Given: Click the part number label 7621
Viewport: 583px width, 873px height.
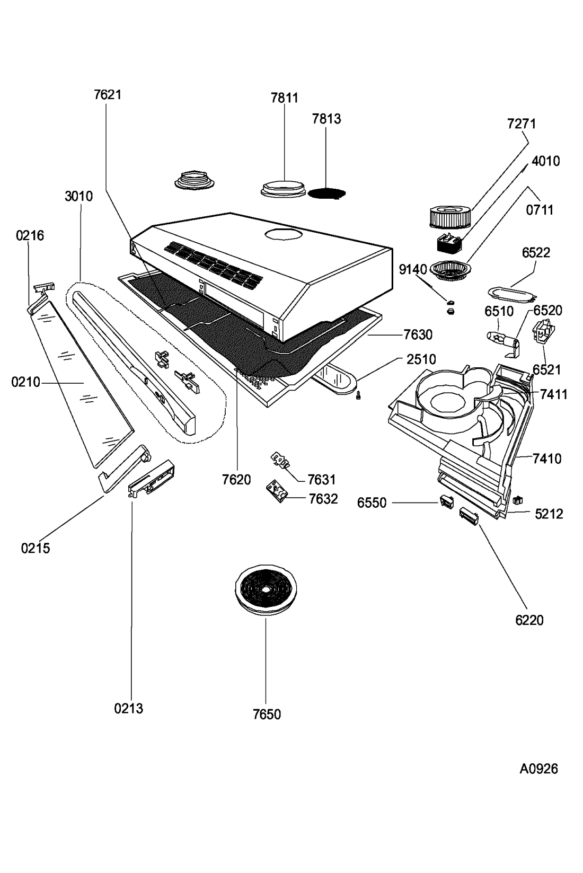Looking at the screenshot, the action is (x=108, y=95).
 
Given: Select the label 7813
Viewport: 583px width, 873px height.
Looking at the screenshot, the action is (x=326, y=119).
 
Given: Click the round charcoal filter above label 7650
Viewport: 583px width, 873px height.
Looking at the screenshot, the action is (x=266, y=589).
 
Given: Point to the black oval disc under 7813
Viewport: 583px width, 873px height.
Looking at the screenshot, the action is (x=326, y=193).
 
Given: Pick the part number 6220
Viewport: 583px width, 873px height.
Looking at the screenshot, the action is (x=529, y=620).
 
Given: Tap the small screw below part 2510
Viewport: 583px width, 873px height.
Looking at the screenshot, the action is (x=358, y=396).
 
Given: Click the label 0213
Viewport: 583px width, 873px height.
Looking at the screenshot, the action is (x=129, y=708).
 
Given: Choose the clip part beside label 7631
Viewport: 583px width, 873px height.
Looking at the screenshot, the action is (x=280, y=460).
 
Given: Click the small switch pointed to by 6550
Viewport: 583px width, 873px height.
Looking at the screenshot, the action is (x=447, y=501).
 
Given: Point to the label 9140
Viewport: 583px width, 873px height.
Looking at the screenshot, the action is (x=413, y=269).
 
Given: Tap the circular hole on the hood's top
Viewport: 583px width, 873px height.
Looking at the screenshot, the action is (x=284, y=234).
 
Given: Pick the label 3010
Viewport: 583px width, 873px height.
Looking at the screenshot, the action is (x=79, y=196).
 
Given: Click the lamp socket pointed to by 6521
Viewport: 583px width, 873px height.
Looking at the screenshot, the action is (x=543, y=332).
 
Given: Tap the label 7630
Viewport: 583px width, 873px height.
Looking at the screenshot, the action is (x=418, y=334).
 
